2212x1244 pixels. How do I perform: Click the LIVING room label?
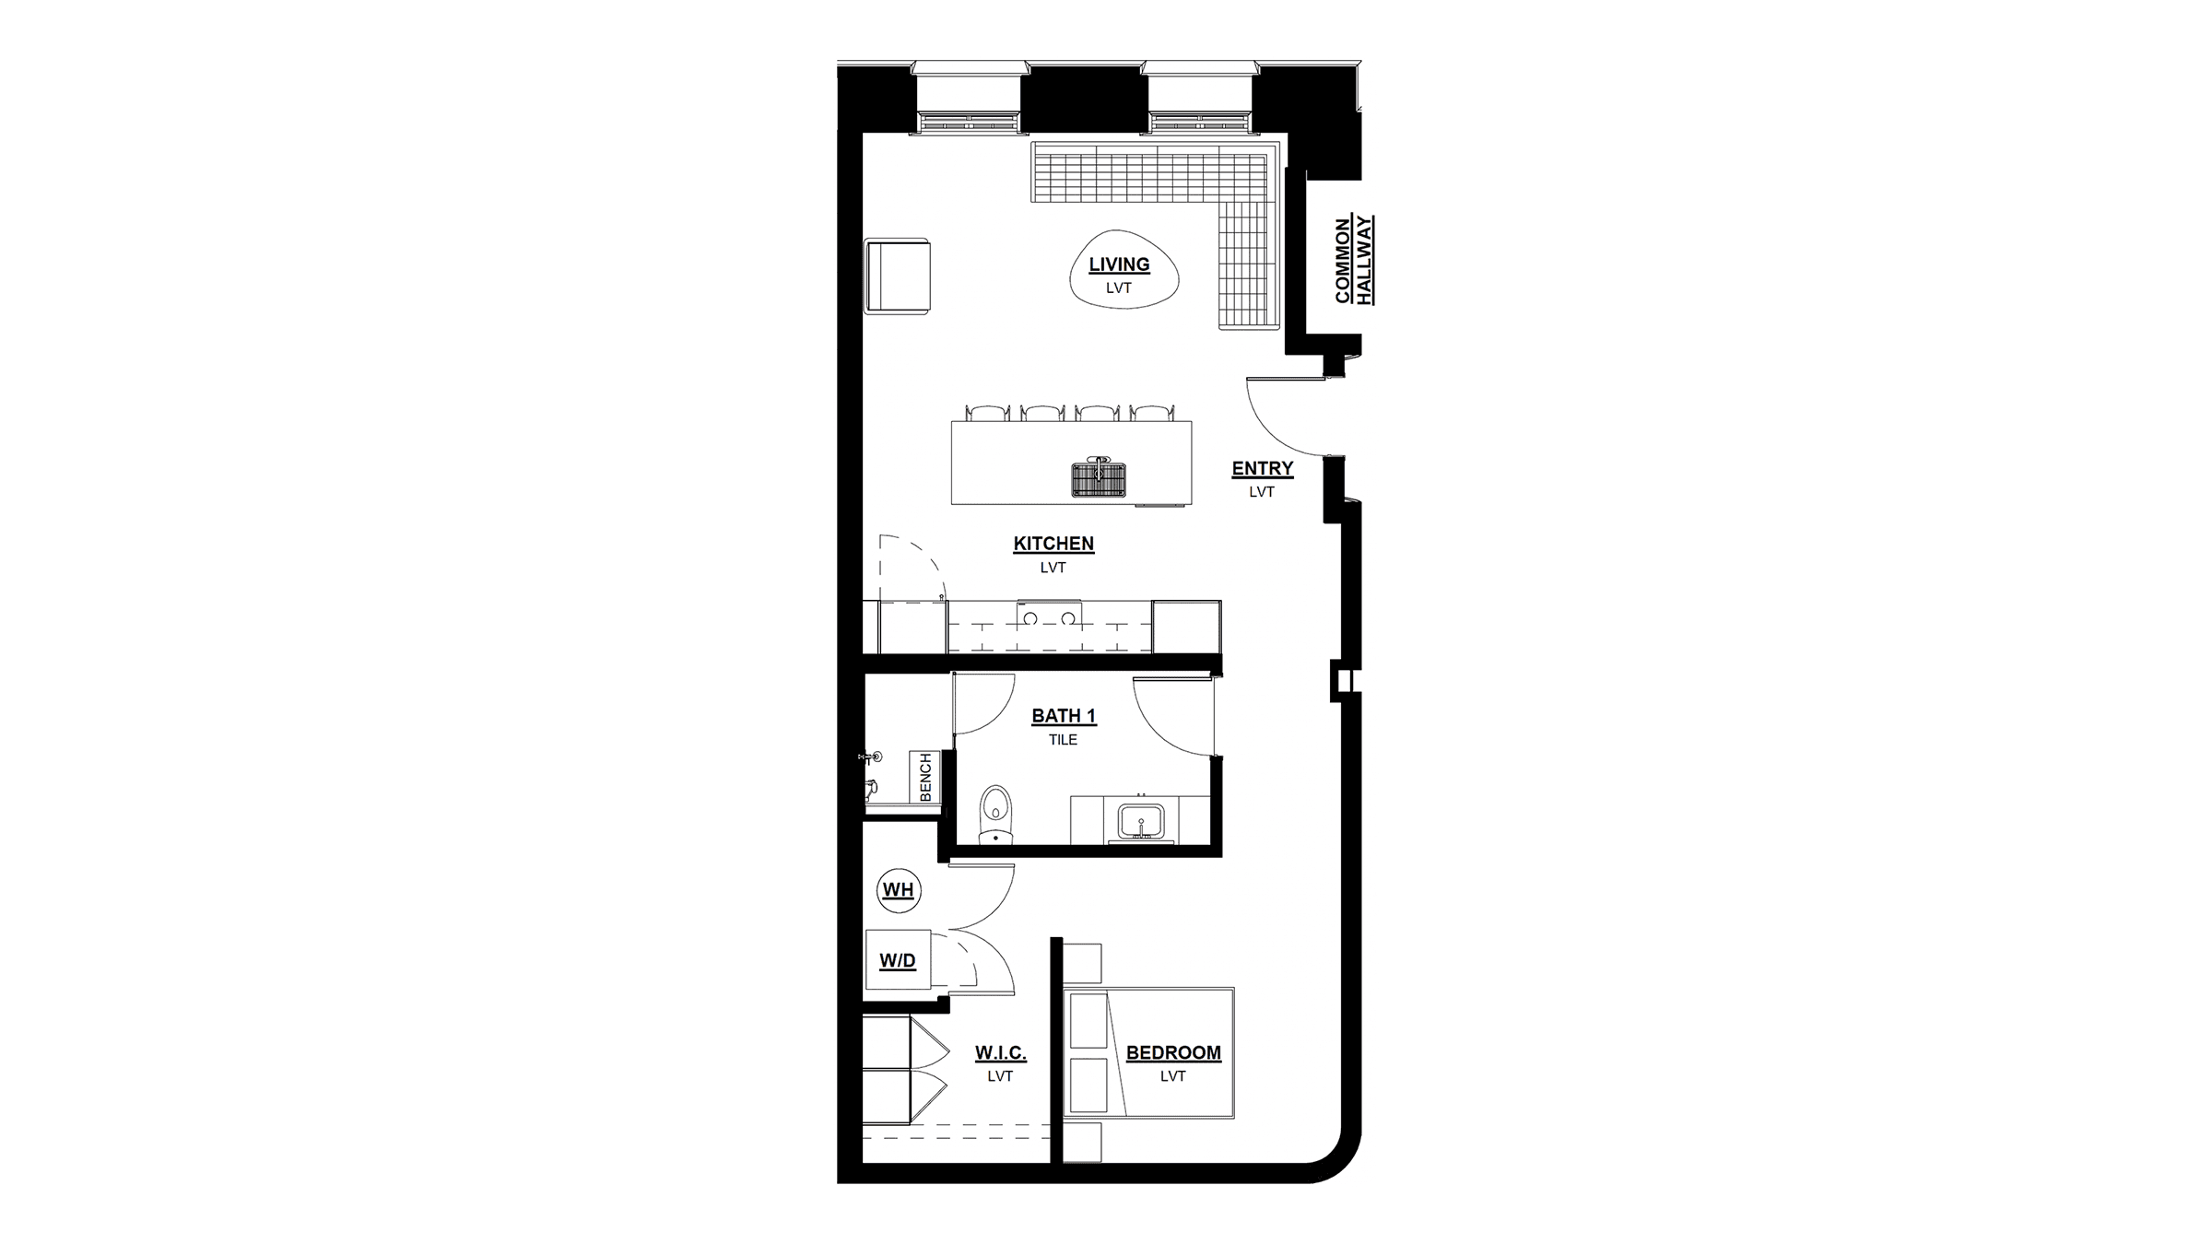[1119, 264]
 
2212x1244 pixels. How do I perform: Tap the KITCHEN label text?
[1053, 544]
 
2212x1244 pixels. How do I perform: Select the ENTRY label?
[1263, 468]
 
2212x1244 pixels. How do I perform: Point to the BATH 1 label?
[1064, 715]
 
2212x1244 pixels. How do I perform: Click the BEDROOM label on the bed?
[1173, 1052]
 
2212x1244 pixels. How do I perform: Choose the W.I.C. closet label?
[1001, 1052]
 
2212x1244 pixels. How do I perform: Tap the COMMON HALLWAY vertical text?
[1354, 260]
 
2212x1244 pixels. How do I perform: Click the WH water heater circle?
[899, 890]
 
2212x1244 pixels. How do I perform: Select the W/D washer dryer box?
[898, 960]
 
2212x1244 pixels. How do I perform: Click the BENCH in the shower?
[925, 777]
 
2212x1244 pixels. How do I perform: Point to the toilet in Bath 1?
[994, 815]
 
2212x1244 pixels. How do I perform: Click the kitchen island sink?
[1099, 477]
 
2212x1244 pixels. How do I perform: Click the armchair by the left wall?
[897, 276]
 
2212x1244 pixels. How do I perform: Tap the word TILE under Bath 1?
[1063, 739]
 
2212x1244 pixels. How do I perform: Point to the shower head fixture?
[871, 757]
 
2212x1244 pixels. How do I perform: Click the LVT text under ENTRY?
[1262, 492]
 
